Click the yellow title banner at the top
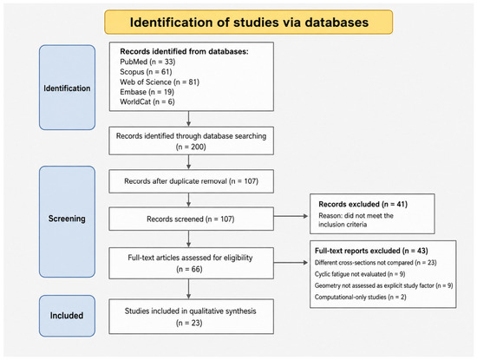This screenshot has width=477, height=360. click(249, 22)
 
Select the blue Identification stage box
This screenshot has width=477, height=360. click(67, 88)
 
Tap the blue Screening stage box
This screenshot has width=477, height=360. click(67, 221)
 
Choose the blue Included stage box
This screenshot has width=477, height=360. click(67, 316)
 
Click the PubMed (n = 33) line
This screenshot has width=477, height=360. click(147, 62)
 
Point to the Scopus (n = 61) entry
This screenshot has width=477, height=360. click(146, 72)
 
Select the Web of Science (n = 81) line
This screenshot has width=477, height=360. click(160, 82)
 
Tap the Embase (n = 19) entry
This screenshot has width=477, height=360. click(147, 92)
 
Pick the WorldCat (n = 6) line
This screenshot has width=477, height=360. click(147, 101)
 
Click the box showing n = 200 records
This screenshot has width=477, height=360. click(192, 141)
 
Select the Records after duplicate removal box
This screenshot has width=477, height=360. click(192, 181)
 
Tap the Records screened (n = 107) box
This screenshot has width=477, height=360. click(192, 219)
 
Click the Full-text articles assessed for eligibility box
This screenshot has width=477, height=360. click(192, 263)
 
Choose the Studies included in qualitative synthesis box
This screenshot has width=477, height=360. click(192, 317)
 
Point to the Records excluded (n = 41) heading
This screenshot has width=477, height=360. click(363, 204)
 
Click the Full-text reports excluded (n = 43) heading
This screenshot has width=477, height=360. click(371, 251)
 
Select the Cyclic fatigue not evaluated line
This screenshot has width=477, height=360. click(360, 274)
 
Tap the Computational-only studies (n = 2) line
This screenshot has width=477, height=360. click(361, 297)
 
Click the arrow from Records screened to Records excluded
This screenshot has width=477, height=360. click(291, 216)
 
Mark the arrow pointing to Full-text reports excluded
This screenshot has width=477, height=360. click(291, 262)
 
